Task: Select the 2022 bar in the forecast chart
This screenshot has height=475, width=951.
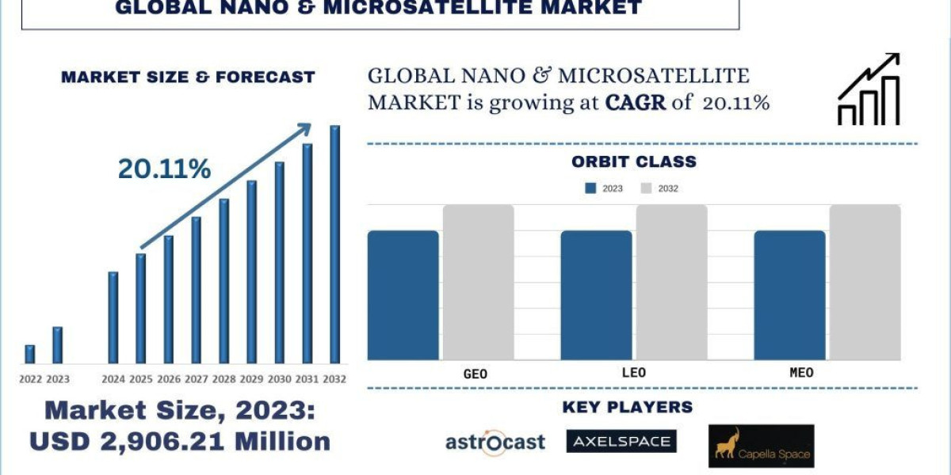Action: (x=30, y=354)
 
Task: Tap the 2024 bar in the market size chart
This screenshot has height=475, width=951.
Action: (x=113, y=317)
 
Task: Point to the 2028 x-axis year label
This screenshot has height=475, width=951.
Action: (x=223, y=379)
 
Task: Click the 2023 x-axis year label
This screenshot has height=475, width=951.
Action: (x=58, y=379)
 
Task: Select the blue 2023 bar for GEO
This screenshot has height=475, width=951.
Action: (x=403, y=294)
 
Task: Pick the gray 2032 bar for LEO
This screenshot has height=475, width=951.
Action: (x=671, y=282)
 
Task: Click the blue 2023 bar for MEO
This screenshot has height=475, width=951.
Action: (x=789, y=294)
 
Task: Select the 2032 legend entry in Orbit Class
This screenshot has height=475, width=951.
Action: (x=659, y=188)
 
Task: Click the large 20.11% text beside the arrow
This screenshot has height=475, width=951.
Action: (x=165, y=169)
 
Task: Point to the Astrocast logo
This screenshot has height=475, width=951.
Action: (x=495, y=441)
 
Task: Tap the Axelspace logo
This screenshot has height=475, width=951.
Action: (x=621, y=441)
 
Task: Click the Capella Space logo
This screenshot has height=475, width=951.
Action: (x=761, y=446)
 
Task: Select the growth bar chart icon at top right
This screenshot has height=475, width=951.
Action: (x=869, y=89)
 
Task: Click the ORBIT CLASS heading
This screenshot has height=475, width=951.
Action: (x=633, y=161)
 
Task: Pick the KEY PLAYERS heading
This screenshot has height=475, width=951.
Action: (x=627, y=407)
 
